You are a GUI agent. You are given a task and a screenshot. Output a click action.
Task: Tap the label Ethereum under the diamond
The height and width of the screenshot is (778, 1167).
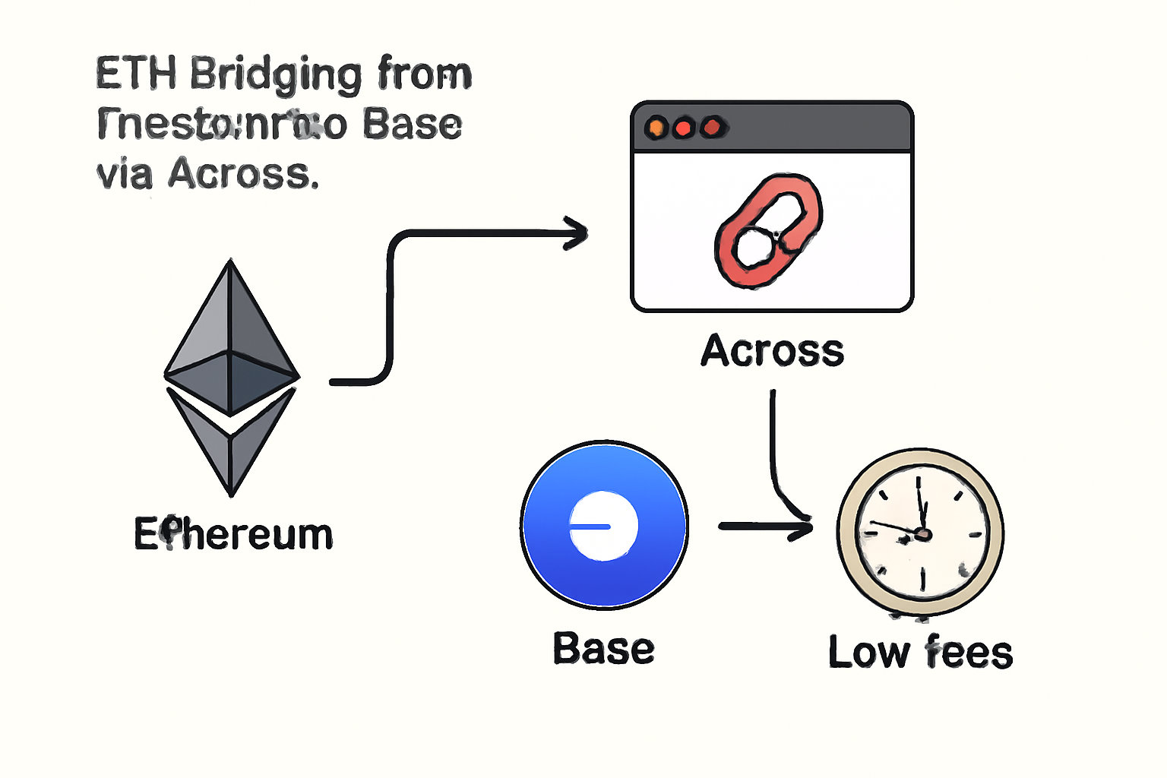click(233, 534)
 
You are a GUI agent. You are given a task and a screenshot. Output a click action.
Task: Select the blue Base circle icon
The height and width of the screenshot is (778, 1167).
click(605, 525)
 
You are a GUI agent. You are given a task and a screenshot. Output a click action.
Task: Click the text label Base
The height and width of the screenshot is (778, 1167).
click(603, 649)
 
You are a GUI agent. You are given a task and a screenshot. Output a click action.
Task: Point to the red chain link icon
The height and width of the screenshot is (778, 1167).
click(768, 231)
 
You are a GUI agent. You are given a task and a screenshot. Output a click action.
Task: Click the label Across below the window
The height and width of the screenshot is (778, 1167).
click(772, 351)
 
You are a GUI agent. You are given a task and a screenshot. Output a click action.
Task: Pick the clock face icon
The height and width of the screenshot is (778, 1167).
click(920, 533)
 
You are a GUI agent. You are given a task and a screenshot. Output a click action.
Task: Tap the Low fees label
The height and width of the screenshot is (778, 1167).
click(920, 653)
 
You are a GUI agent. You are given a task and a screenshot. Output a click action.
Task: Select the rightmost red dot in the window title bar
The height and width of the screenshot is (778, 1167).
click(712, 128)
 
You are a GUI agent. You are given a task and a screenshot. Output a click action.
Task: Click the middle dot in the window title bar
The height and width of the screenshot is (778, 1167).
click(684, 128)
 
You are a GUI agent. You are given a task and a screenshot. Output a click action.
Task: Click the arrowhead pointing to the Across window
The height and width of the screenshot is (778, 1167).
click(577, 232)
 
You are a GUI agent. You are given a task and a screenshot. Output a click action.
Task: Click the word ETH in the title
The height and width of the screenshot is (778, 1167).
click(136, 74)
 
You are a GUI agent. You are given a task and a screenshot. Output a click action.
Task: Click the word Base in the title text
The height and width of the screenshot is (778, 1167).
click(412, 125)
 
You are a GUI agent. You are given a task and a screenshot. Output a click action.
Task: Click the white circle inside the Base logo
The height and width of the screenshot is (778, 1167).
click(604, 527)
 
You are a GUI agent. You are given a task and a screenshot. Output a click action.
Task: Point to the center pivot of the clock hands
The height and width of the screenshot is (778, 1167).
click(922, 534)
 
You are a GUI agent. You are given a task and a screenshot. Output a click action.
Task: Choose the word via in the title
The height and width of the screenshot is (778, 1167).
click(125, 174)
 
